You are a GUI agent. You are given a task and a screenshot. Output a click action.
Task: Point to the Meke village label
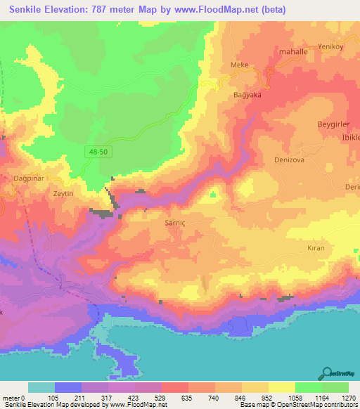[x=240, y=65]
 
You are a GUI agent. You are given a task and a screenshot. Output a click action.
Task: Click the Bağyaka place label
[x=247, y=94]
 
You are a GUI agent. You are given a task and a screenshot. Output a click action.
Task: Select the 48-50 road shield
[x=98, y=151]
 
